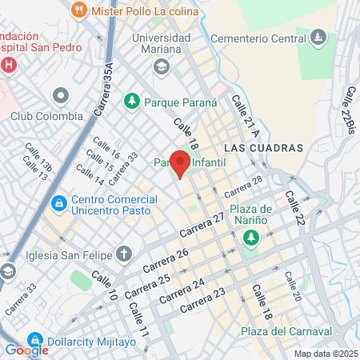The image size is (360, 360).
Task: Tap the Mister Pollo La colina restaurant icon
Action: (78, 10)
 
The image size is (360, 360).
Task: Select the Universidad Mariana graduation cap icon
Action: (162, 66)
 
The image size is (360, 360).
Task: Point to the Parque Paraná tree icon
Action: (130, 101)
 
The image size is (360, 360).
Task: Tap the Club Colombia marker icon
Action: (58, 96)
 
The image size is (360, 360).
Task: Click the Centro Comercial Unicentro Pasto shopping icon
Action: (58, 204)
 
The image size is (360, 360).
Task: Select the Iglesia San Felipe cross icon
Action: (123, 254)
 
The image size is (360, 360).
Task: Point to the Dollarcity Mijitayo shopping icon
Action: (34, 339)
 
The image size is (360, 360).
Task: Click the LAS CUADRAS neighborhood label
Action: (264, 148)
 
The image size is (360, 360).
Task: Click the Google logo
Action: (26, 350)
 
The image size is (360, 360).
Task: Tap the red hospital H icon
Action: (8, 63)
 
